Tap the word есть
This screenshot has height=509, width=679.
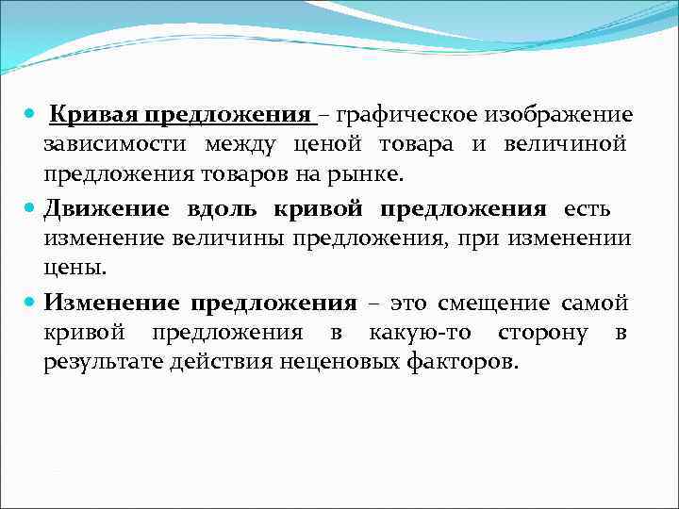pos(588,207)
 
